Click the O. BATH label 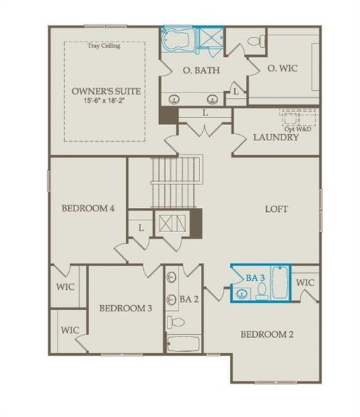coord(197,69)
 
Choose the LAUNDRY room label coord(276,137)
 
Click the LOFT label coord(276,208)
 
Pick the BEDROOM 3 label coord(125,308)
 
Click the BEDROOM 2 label coord(266,334)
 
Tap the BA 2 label coord(190,299)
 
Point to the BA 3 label coord(256,277)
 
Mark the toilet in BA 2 coord(177,322)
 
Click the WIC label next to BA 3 coord(305,282)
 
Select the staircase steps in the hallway coord(176,181)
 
